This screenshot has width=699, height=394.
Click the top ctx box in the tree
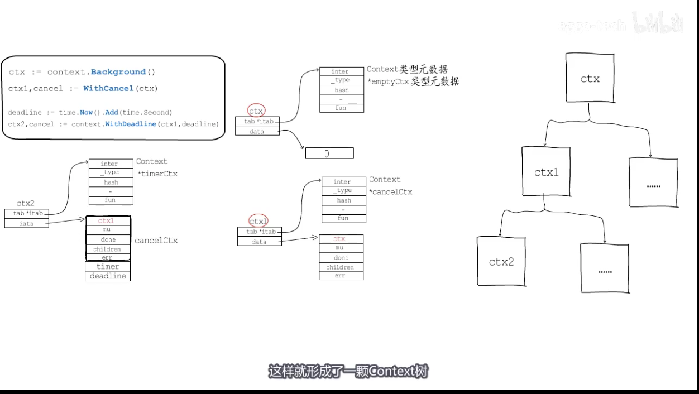click(590, 78)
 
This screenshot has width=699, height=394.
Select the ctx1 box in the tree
click(546, 172)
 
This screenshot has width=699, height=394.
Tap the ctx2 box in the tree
click(501, 261)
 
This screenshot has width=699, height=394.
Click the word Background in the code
click(118, 72)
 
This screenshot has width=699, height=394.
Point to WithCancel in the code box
click(108, 88)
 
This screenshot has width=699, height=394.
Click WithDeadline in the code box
click(131, 124)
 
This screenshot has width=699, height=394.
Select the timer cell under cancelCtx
click(108, 267)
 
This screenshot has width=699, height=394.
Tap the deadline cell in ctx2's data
click(108, 276)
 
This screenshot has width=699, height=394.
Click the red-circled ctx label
click(256, 111)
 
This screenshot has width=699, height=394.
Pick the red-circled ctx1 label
click(258, 222)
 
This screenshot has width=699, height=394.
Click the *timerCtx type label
click(157, 174)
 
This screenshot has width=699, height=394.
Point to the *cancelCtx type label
click(391, 192)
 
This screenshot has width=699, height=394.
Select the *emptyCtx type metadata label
click(413, 82)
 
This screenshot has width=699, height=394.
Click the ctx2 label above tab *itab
click(26, 203)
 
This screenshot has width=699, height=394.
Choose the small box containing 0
click(329, 153)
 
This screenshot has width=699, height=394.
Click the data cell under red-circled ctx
click(256, 132)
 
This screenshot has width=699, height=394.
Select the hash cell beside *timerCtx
click(111, 182)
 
